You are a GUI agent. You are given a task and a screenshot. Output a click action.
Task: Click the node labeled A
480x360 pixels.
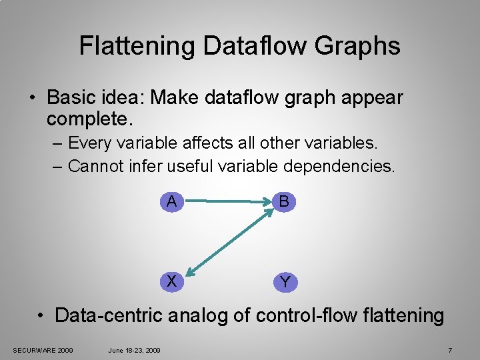click(x=172, y=201)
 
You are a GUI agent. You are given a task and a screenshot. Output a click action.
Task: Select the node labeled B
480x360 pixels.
click(x=285, y=201)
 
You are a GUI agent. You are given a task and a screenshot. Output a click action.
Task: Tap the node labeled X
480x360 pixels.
click(x=172, y=281)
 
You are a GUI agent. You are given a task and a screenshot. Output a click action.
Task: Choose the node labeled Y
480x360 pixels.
click(x=285, y=282)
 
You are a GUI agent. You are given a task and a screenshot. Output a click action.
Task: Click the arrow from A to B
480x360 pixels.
click(x=227, y=201)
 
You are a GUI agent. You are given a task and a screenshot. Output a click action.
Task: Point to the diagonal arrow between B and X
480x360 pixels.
click(x=230, y=242)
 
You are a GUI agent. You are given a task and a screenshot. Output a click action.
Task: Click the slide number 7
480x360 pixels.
click(x=450, y=350)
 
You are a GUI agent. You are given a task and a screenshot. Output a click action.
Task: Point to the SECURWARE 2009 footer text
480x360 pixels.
click(x=43, y=350)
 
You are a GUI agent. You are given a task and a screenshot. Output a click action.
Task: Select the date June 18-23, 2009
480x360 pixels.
click(x=134, y=350)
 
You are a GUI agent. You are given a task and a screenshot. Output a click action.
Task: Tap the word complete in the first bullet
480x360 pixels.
click(x=88, y=120)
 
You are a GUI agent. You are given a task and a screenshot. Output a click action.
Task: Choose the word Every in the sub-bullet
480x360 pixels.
click(x=90, y=143)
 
